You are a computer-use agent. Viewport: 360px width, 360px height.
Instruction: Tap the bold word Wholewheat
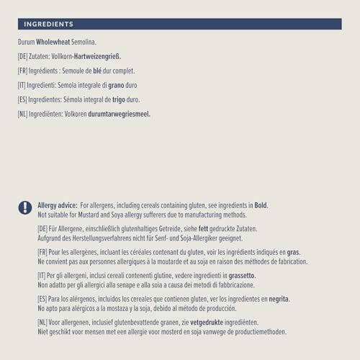(x=53, y=42)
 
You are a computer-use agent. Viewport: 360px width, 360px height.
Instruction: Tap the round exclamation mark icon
(x=25, y=207)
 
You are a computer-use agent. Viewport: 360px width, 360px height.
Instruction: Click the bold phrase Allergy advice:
(x=58, y=205)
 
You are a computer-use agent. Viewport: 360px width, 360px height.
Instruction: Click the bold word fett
(x=204, y=229)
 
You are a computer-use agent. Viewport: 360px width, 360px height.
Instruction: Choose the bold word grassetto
(x=241, y=276)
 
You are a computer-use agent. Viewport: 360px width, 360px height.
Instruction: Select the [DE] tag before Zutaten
(x=24, y=57)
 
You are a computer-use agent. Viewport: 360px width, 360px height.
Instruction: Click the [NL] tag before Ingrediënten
(x=24, y=114)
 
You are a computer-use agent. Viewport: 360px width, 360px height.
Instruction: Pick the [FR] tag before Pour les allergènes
(x=43, y=252)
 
